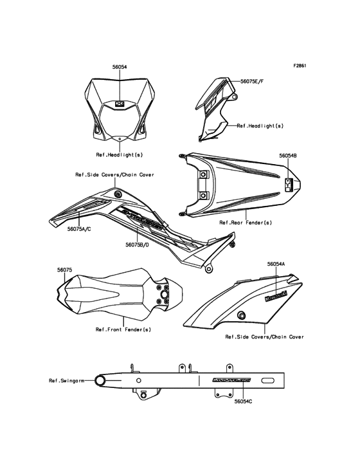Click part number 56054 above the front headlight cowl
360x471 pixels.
tap(120, 66)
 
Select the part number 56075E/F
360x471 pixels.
tap(254, 82)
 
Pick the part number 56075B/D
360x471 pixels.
tap(138, 245)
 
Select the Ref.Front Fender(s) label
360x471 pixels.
tap(123, 329)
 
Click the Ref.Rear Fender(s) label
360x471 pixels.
tap(246, 222)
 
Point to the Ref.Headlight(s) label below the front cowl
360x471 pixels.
tap(120, 154)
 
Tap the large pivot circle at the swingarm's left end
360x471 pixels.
tap(101, 381)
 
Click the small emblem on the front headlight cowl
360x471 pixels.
tap(120, 102)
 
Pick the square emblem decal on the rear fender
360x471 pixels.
tap(288, 184)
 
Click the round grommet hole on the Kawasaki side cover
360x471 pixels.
tap(242, 315)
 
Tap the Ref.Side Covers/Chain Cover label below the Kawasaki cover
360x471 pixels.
tap(264, 337)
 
